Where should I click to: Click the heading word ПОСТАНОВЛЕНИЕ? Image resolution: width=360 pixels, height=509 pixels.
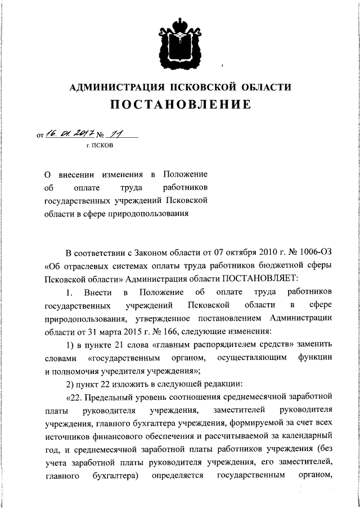pos(179,105)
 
